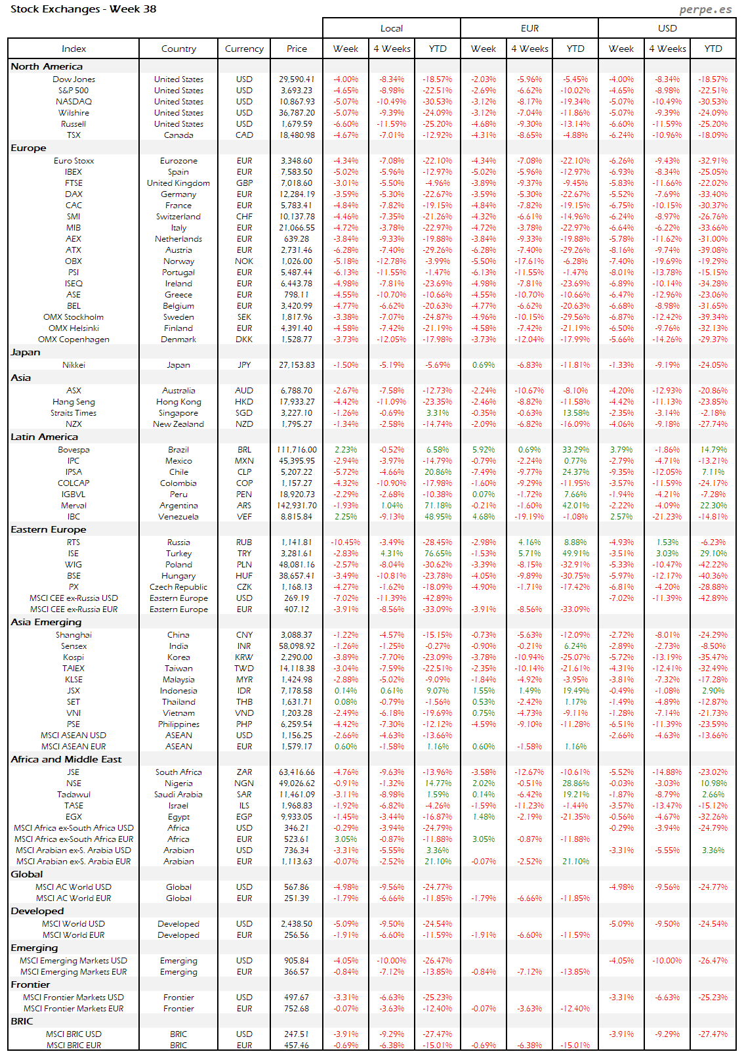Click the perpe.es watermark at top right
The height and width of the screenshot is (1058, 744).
[705, 9]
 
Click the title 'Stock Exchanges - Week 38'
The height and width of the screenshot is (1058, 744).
[83, 9]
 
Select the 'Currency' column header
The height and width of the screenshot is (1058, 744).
[244, 49]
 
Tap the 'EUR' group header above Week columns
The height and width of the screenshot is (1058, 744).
[529, 28]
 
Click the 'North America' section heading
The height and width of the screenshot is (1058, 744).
[47, 66]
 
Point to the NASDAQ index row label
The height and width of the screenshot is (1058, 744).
[73, 102]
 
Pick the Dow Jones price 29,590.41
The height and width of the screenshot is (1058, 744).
[297, 79]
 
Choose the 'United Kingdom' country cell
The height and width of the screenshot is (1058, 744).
[178, 183]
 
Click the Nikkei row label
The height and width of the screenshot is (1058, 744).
[73, 365]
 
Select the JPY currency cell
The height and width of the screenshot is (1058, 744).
[244, 365]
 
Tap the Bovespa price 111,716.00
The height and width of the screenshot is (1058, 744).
[297, 450]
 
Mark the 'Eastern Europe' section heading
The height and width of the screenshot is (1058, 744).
[49, 529]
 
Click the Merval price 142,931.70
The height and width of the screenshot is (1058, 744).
[297, 506]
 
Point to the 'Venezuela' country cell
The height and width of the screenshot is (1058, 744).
[178, 517]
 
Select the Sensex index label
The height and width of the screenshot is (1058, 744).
[73, 646]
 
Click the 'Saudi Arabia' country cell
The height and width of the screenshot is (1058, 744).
[178, 795]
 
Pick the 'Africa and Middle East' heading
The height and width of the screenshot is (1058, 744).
[66, 759]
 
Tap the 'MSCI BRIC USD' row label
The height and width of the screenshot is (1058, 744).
[73, 1034]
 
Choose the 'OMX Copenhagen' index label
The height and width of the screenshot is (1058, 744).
[73, 340]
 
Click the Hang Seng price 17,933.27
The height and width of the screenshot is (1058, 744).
[297, 402]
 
